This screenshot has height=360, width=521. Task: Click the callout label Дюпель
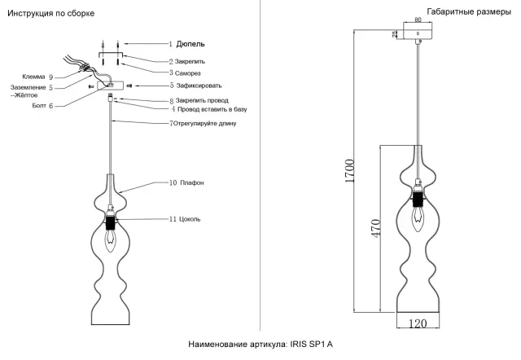coord(190,44)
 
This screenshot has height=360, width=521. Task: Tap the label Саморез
coord(188,73)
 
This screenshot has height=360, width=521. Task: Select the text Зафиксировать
coord(199,86)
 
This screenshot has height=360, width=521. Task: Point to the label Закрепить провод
coord(202,100)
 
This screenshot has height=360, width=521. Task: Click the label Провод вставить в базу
coord(212,109)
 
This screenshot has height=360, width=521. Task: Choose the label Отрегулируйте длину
coord(204,123)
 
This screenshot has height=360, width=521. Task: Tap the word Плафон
coord(192,182)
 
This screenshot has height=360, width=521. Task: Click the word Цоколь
coord(190,219)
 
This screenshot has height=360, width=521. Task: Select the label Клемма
coord(33,77)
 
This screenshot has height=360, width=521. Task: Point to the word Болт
coord(39,106)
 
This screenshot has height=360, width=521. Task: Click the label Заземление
coord(28,88)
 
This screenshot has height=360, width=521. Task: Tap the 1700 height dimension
coord(350,171)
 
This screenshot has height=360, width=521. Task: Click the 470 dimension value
coord(376,228)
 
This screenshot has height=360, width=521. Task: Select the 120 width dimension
coord(418,323)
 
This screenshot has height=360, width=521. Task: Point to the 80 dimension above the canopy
coord(418,20)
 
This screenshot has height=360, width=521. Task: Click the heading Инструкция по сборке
coord(50,14)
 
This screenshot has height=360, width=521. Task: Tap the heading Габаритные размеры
coord(469,12)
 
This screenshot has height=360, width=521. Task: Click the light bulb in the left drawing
coord(111,241)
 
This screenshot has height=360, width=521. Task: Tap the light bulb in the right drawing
coord(418,219)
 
